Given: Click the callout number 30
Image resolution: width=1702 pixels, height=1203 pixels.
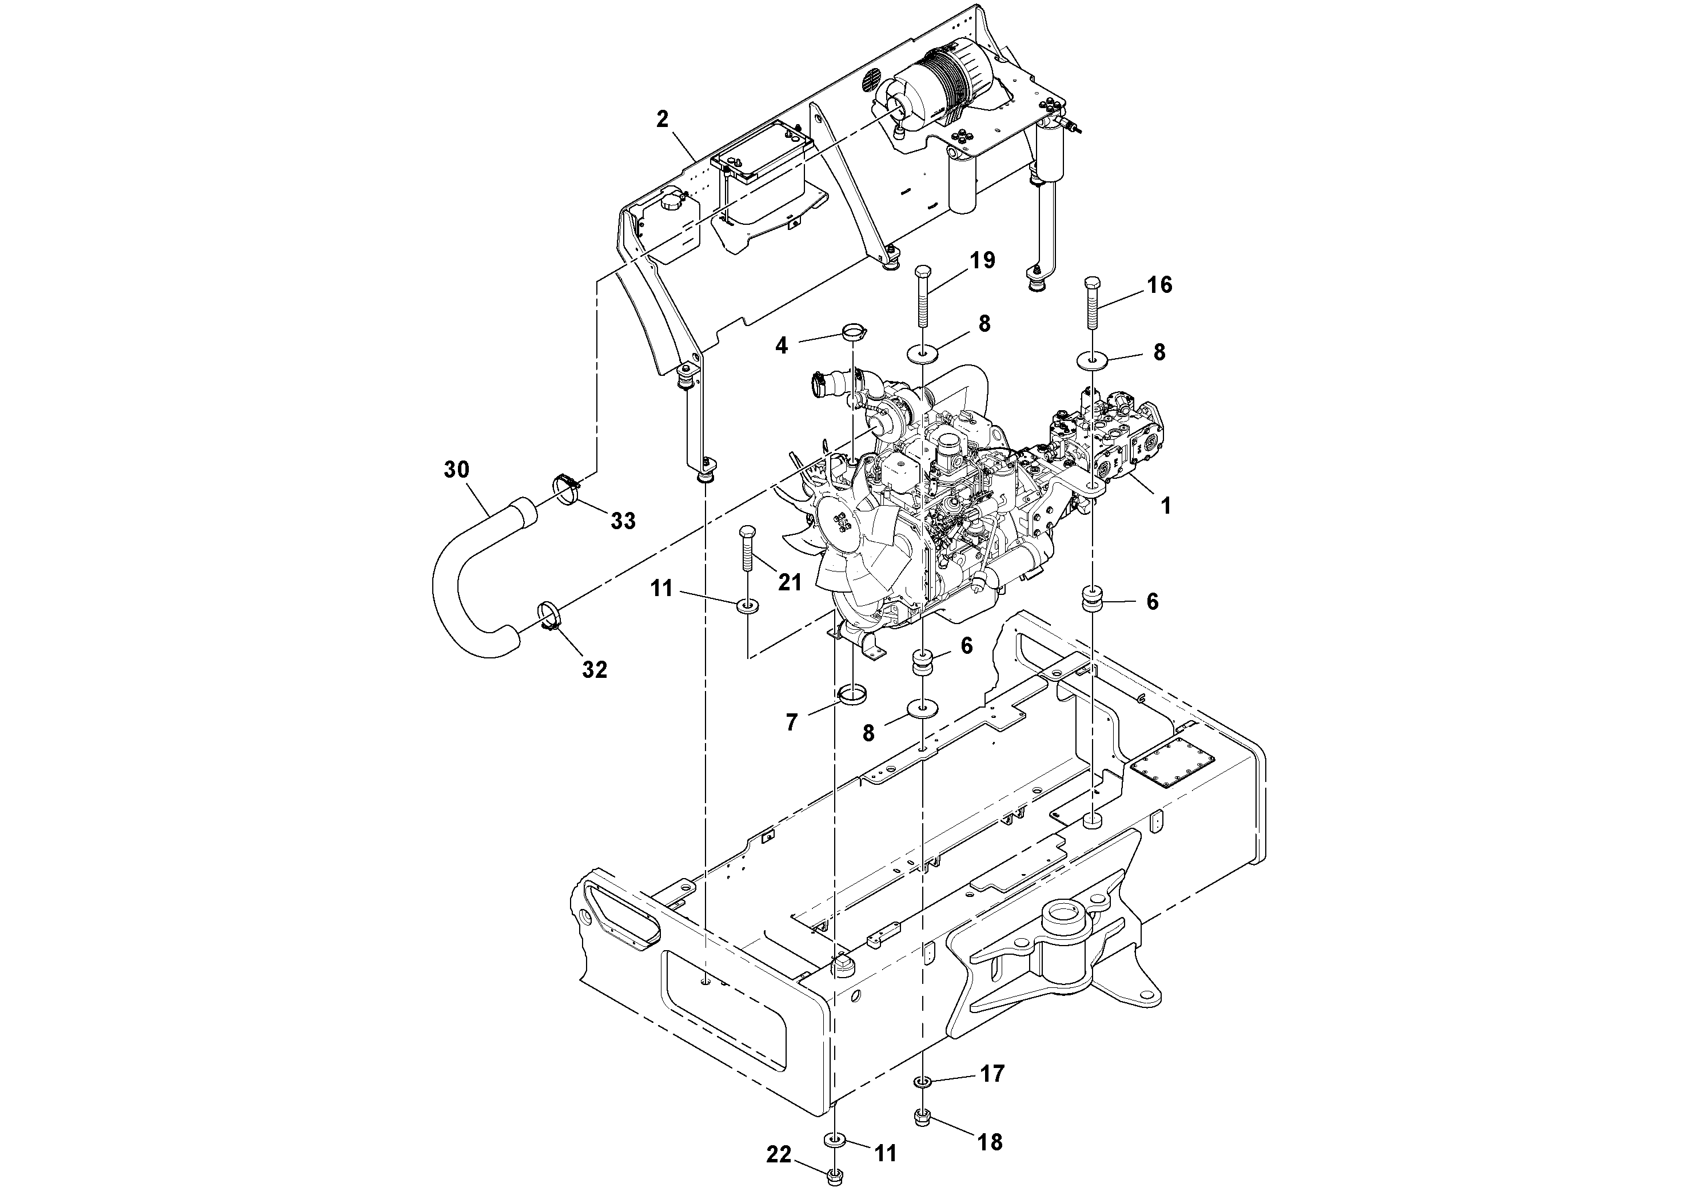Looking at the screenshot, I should click(457, 470).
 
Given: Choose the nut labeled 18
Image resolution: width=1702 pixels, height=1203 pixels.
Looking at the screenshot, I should click(923, 1136).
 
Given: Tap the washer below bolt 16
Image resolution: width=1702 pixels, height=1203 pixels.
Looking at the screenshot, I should click(1092, 361).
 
